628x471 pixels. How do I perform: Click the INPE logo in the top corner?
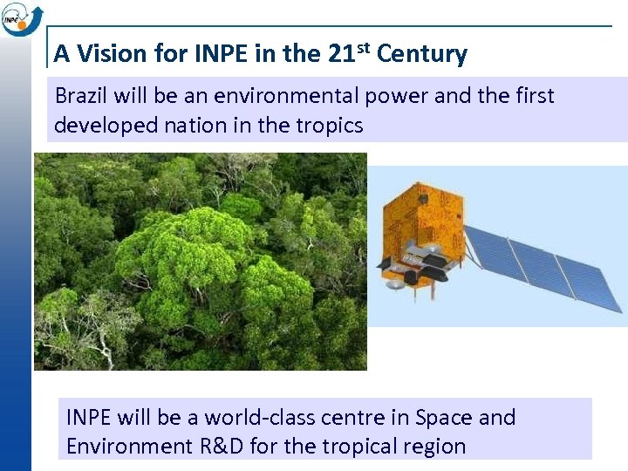pos(17,18)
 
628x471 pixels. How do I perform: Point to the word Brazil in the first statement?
pos(79,95)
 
